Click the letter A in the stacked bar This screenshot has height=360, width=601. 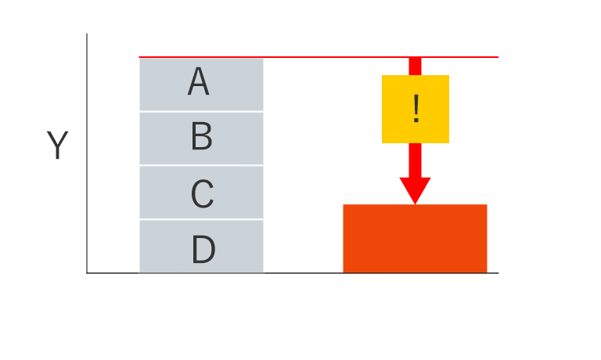pos(199,81)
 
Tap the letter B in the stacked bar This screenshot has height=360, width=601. pos(201,136)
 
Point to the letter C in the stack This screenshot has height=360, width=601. pos(202,193)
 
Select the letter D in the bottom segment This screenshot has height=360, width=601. pos(203,249)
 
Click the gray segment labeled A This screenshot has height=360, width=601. pos(201,85)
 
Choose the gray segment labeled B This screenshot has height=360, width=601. pos(201,139)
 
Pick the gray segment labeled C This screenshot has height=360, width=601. pos(201,193)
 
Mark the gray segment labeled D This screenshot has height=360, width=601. pos(201,247)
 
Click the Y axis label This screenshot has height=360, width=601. pos(57,145)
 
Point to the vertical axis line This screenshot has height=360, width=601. pos(87,153)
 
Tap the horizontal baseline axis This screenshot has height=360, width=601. pos(293,273)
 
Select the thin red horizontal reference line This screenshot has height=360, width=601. pos(318,57)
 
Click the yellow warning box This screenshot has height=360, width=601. pos(416,110)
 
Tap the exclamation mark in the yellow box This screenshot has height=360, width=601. pos(416,109)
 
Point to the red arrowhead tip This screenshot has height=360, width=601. pos(415,204)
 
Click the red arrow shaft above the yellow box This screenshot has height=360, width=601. pos(415,67)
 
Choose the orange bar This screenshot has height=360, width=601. pos(415,239)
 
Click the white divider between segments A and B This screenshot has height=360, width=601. pos(201,112)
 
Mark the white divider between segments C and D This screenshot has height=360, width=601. pos(201,219)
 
